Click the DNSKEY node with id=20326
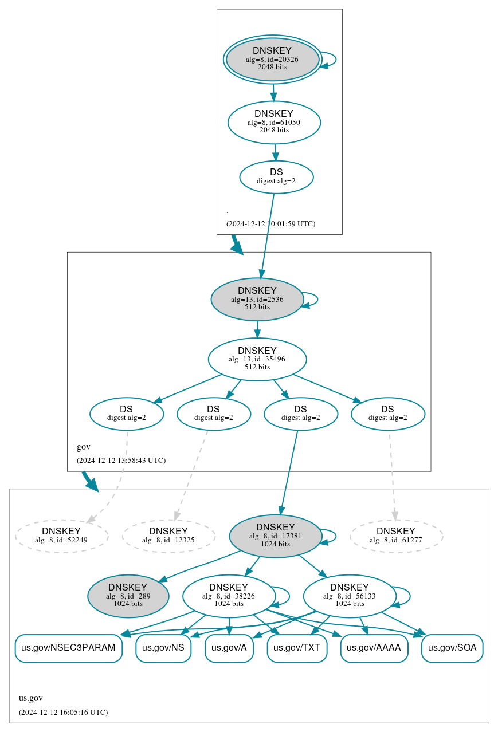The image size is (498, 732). point(272,60)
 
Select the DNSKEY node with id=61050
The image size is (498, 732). point(274,122)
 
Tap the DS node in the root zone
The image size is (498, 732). point(276,177)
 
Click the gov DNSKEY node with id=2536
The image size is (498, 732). point(257,299)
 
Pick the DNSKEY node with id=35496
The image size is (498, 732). point(257,359)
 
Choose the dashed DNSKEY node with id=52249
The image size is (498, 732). point(61,536)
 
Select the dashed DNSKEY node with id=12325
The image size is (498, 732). point(168,536)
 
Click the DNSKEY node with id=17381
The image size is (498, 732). point(276,536)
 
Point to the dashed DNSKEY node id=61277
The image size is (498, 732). point(396,536)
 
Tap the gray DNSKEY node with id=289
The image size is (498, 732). point(128,596)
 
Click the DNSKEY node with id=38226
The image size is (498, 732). point(229,596)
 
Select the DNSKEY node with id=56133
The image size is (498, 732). point(350,596)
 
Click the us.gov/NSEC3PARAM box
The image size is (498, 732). point(69,648)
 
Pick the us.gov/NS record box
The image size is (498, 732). point(163,648)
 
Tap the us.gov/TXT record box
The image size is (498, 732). point(297,648)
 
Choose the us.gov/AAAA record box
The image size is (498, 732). point(374,648)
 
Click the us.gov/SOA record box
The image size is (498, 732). point(452,648)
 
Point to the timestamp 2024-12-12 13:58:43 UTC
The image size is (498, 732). point(121,461)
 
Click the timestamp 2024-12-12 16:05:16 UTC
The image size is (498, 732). point(63,713)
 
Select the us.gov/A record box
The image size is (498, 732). point(229,648)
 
